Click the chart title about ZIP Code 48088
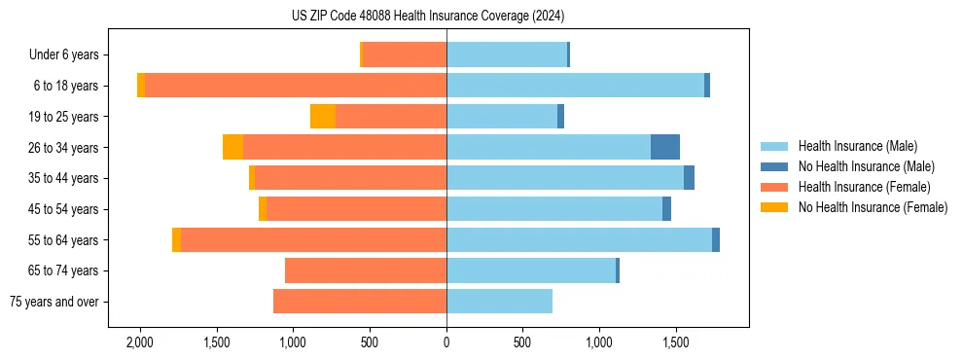pyautogui.click(x=428, y=17)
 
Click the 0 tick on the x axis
pyautogui.click(x=446, y=342)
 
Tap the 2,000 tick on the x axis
pyautogui.click(x=140, y=342)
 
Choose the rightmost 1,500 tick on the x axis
pyautogui.click(x=676, y=342)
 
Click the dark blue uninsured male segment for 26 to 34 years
pyautogui.click(x=665, y=147)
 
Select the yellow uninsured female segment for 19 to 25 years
pyautogui.click(x=323, y=117)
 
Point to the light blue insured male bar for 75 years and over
pyautogui.click(x=499, y=302)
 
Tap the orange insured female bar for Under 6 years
pyautogui.click(x=405, y=54)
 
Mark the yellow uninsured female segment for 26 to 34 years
pyautogui.click(x=233, y=147)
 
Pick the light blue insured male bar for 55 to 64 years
pyautogui.click(x=579, y=239)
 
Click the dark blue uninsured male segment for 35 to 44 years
pyautogui.click(x=689, y=178)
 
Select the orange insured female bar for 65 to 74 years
pyautogui.click(x=366, y=270)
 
